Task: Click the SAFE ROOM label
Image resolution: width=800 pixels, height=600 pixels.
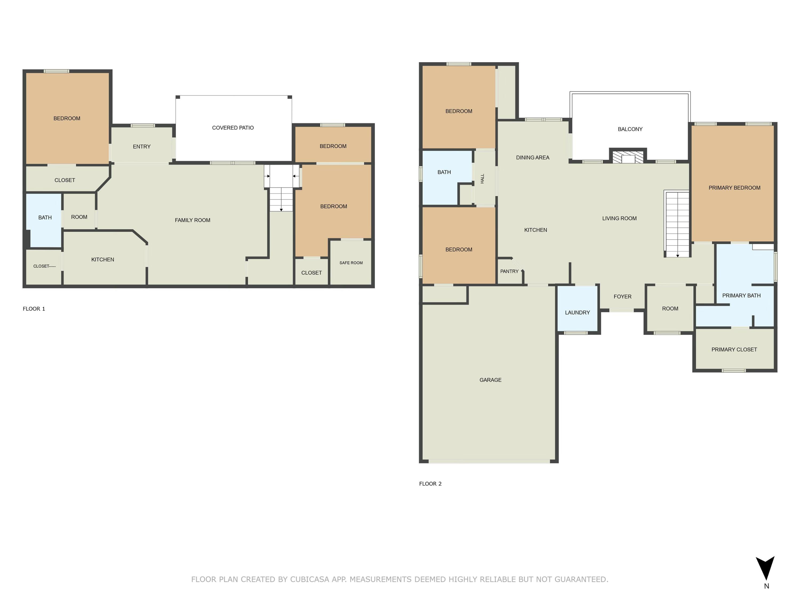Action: (351, 263)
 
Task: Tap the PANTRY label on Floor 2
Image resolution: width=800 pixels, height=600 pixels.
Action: (509, 271)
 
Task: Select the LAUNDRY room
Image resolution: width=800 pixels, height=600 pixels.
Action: (577, 308)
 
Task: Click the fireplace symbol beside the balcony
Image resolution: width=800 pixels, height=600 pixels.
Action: (628, 157)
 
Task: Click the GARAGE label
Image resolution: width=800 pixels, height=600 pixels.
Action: (490, 380)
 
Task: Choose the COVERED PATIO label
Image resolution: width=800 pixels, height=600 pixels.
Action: (233, 128)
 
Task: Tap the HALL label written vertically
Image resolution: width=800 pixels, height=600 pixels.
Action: (482, 179)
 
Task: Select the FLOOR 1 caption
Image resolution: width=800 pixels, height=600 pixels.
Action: (34, 309)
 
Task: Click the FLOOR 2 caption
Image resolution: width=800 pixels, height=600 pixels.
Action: (430, 483)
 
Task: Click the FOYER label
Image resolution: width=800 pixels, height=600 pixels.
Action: (622, 297)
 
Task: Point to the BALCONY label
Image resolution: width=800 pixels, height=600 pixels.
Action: (630, 129)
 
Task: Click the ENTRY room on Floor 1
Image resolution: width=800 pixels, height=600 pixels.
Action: (141, 145)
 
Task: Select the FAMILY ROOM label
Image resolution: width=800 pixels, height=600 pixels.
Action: (193, 220)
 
